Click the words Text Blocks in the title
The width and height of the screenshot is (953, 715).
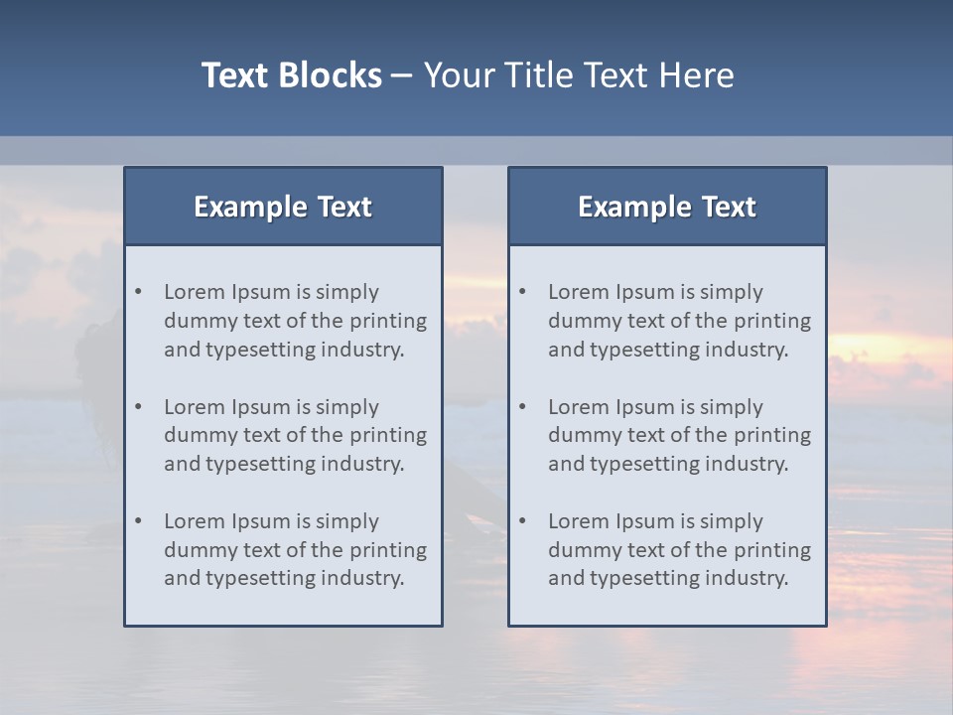point(291,75)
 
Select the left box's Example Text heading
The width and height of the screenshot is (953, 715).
point(283,207)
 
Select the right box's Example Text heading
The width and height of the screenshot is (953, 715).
point(667,207)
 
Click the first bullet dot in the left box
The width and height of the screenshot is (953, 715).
point(139,292)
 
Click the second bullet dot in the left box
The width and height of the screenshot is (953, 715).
point(139,407)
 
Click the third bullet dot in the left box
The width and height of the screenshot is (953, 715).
point(139,521)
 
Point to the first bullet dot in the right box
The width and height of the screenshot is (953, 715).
point(523,292)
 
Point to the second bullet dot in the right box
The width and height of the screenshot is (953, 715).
point(523,407)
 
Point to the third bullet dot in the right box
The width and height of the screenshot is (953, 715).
point(523,521)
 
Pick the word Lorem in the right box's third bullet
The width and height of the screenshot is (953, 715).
point(578,521)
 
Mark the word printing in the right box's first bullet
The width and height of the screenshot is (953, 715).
point(771,321)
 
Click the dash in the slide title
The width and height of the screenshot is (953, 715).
point(402,75)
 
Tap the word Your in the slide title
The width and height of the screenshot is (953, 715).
point(457,75)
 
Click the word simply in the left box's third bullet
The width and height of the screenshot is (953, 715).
point(346,521)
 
